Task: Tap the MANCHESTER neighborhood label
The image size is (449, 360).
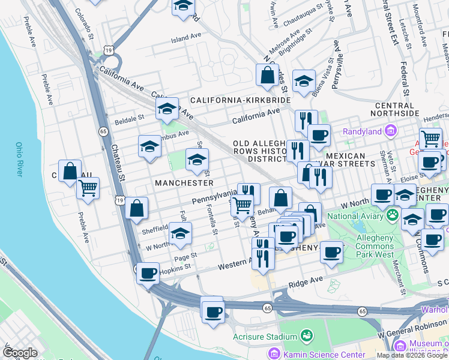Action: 184,182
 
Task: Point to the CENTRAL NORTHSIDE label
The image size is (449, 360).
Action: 396,109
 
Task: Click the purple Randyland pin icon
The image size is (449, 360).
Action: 391,130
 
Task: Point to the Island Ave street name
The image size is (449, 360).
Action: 186,37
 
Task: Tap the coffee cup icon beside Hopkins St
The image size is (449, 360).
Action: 148,274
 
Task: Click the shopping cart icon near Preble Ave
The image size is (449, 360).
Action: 88,188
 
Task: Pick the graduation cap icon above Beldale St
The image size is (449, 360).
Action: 167,108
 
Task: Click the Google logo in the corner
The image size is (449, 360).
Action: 20,353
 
